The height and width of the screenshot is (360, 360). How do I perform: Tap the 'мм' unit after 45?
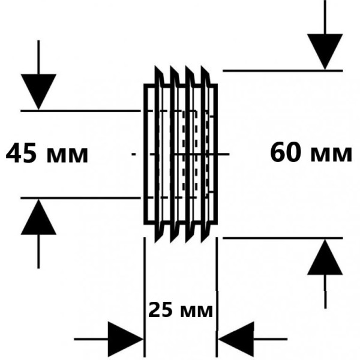[x=68, y=155]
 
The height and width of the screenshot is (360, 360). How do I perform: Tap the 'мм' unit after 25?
[x=196, y=311]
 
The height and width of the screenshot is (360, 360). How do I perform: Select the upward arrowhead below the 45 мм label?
[x=38, y=217]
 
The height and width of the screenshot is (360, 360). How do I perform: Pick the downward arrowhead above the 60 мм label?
[x=325, y=51]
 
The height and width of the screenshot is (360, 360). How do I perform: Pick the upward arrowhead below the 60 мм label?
[x=325, y=257]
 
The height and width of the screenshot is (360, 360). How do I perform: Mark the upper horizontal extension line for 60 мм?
[x=282, y=70]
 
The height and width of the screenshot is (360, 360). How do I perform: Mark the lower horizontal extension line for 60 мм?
[x=282, y=238]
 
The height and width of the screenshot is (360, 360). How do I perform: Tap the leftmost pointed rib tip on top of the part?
[x=158, y=67]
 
